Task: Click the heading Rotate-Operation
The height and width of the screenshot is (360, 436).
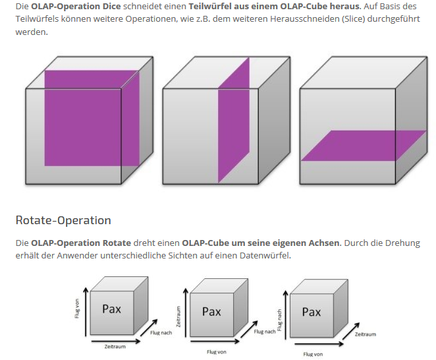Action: point(63,220)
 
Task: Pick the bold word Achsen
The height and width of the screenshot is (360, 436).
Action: point(323,243)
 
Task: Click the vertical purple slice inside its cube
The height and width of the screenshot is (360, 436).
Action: point(234,119)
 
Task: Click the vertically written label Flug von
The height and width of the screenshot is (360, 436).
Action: point(77,309)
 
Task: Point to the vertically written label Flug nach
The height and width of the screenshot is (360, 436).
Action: point(279,309)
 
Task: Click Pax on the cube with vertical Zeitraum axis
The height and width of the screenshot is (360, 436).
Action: point(211,311)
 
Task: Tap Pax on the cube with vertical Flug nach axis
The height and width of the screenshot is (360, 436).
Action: point(312,311)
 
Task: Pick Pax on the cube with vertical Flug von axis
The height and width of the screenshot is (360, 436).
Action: point(111,309)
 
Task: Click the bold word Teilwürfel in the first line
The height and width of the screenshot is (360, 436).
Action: point(211,7)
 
